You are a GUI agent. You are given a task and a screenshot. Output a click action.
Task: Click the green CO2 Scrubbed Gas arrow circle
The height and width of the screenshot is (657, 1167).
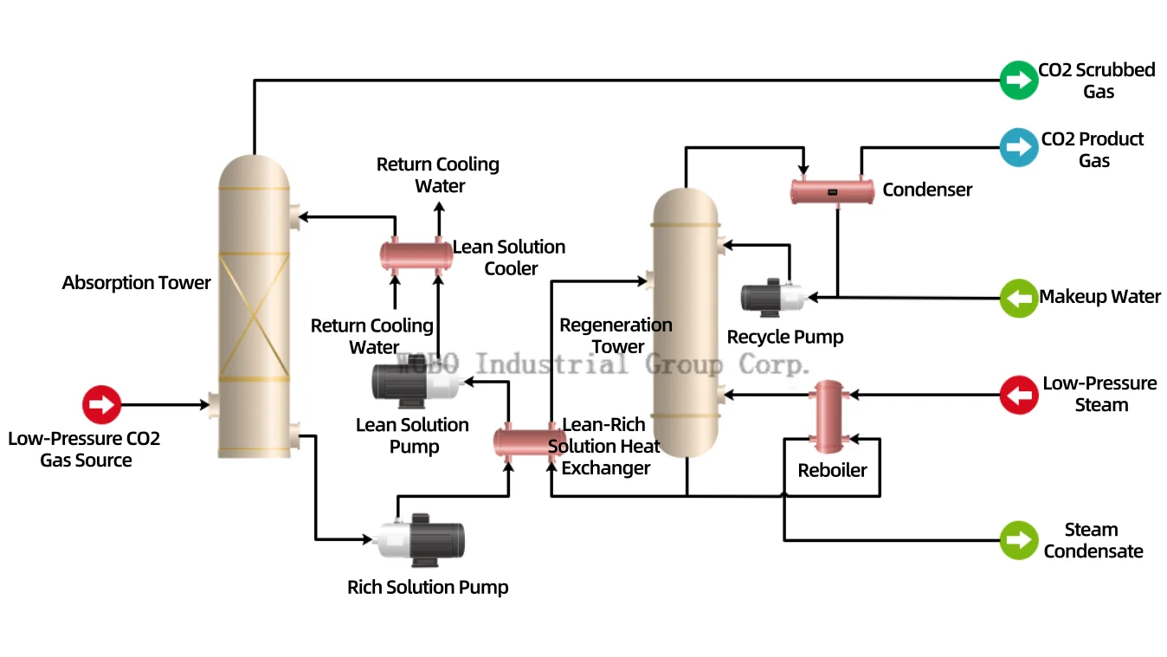(1018, 81)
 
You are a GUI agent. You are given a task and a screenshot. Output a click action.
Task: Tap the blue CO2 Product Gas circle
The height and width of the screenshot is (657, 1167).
(1018, 147)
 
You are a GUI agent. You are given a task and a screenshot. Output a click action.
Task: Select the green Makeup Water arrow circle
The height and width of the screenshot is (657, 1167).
(1018, 298)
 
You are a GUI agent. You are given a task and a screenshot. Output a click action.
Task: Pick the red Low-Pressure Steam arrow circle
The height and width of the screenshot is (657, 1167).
(1018, 395)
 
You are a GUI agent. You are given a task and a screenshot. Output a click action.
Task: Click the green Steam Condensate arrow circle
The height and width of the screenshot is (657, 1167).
(1018, 540)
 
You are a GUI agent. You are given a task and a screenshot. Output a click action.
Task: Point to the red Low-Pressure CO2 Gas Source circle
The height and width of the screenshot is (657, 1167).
(101, 405)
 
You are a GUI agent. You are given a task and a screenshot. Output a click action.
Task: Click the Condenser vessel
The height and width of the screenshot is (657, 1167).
(833, 192)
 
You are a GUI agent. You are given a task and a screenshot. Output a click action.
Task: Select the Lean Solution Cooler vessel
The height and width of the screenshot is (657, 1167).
(416, 255)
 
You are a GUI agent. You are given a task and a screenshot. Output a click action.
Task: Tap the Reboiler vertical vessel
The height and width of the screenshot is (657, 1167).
(829, 417)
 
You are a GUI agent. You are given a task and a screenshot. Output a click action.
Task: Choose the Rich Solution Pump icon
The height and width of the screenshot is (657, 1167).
(421, 540)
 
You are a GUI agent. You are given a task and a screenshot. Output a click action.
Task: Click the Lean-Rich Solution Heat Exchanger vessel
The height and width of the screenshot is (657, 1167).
(529, 443)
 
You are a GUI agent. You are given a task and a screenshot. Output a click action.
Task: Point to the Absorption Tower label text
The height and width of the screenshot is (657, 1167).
(137, 283)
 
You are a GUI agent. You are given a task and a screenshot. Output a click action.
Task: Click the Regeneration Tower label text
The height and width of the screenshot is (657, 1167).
(616, 336)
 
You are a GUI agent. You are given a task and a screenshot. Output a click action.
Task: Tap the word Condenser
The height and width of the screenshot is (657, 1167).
(927, 190)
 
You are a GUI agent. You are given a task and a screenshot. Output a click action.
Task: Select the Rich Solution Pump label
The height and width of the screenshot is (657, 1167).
(428, 587)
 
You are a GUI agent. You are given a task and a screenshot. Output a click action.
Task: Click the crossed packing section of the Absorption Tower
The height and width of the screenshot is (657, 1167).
(255, 316)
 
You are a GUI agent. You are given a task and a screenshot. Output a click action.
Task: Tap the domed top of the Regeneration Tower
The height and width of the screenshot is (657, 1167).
(686, 207)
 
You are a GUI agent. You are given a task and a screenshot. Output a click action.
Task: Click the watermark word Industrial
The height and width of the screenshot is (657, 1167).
(552, 364)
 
